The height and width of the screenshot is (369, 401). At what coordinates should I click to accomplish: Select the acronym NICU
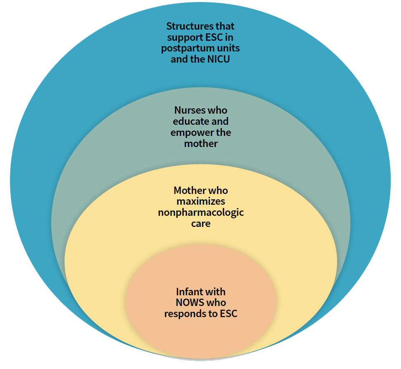click(x=218, y=59)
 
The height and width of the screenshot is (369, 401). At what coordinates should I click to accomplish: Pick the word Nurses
click(x=187, y=110)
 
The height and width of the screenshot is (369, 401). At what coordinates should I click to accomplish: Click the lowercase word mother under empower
click(x=201, y=143)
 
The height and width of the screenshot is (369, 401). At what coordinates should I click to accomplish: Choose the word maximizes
click(x=201, y=201)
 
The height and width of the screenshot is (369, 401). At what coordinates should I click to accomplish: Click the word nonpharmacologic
click(x=201, y=213)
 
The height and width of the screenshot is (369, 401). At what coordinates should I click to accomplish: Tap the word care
click(x=201, y=224)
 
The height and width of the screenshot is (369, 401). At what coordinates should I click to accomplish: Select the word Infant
click(x=188, y=292)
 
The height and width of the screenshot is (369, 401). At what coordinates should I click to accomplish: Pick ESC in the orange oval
click(x=229, y=313)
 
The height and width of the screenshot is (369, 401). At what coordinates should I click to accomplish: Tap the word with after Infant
click(x=213, y=292)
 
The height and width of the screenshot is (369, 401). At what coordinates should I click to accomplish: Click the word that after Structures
click(x=225, y=26)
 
